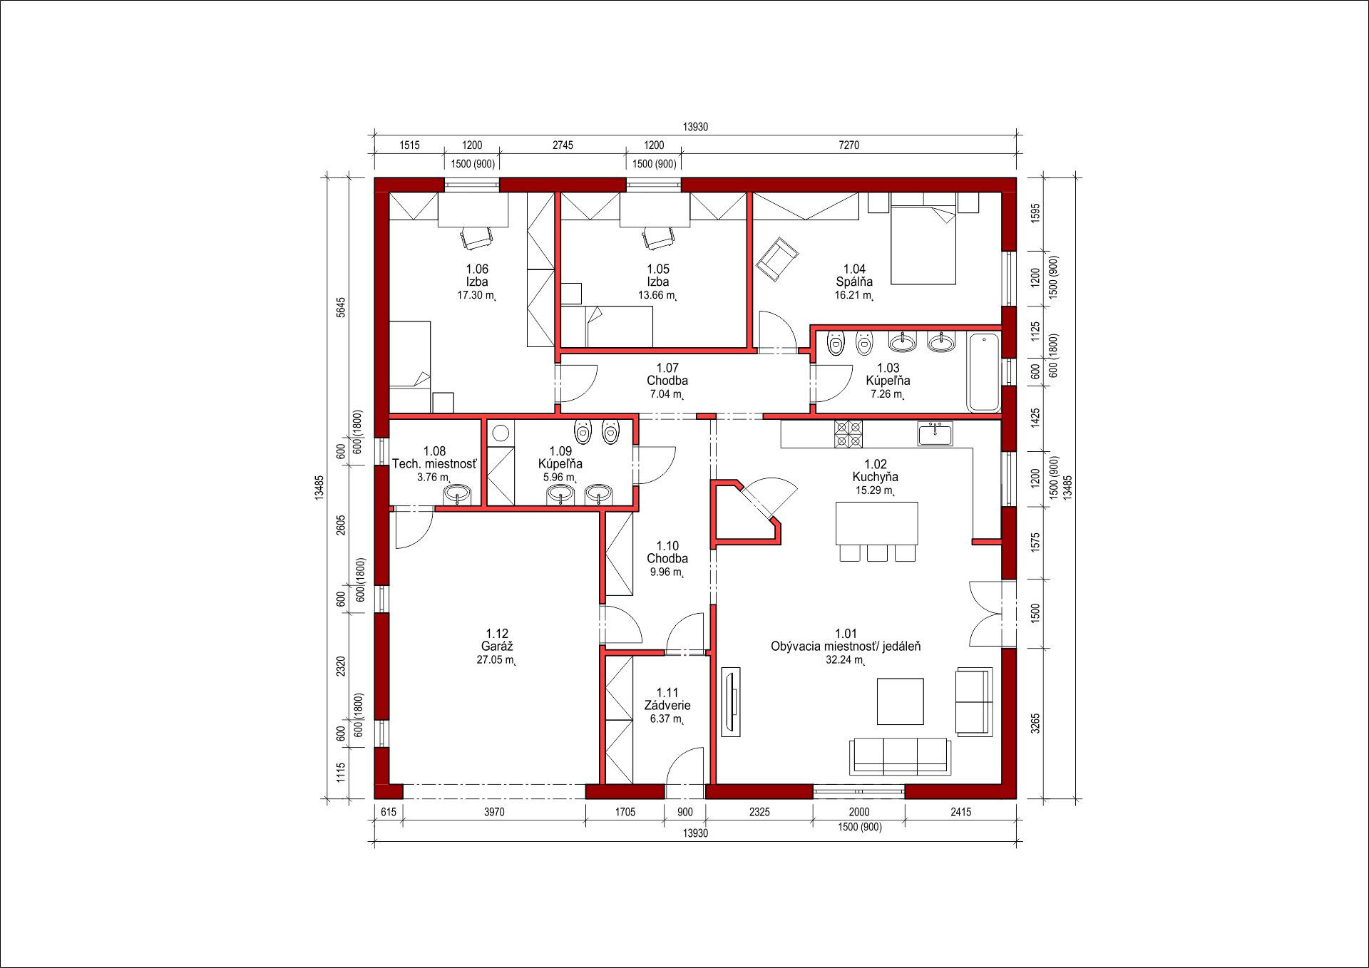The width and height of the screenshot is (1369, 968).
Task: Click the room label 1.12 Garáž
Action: (497, 640)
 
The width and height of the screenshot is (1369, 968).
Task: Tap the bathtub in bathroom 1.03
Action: (984, 371)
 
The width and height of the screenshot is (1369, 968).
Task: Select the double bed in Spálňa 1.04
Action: (923, 244)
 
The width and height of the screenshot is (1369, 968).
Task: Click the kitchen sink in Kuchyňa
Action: (935, 433)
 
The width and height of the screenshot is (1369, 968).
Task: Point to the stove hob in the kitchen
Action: (848, 434)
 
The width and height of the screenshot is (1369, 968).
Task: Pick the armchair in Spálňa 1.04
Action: (777, 259)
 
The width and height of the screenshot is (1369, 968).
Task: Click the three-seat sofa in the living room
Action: (900, 756)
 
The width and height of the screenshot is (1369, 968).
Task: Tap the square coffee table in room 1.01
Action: (900, 701)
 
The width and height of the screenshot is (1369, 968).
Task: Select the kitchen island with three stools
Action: (877, 531)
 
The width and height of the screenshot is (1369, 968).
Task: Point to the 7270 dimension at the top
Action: (848, 145)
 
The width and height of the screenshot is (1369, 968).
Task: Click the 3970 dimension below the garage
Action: (494, 812)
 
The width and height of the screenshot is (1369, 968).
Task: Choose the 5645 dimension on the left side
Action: (341, 307)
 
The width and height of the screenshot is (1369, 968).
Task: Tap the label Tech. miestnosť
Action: (434, 464)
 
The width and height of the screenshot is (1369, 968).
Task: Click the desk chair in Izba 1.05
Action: (658, 237)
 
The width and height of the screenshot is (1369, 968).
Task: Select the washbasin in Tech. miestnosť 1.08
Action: (457, 494)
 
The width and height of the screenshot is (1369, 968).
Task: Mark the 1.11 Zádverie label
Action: (667, 699)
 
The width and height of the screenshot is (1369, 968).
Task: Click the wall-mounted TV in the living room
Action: (731, 701)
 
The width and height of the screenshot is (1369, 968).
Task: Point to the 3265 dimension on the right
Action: (1035, 723)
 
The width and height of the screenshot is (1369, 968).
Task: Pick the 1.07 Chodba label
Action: (667, 374)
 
